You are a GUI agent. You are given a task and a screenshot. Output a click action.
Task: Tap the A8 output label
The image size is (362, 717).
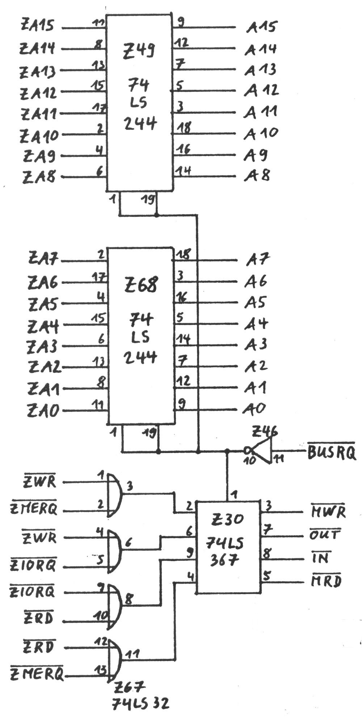[257, 176]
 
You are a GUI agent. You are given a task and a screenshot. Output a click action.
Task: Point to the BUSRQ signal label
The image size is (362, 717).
[331, 452]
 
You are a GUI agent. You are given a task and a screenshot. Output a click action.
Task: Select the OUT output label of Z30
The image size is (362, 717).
[325, 535]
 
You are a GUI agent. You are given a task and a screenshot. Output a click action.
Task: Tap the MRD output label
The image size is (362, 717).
[326, 581]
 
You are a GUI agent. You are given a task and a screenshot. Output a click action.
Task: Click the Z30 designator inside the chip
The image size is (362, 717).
[228, 519]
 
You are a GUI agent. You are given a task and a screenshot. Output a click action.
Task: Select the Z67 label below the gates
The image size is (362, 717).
[129, 687]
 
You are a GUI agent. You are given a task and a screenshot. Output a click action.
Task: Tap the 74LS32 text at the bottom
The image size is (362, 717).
[140, 704]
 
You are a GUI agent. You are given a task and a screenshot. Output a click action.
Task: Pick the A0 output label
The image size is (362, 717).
[254, 409]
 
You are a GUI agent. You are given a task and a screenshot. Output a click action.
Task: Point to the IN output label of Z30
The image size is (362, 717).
[320, 558]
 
